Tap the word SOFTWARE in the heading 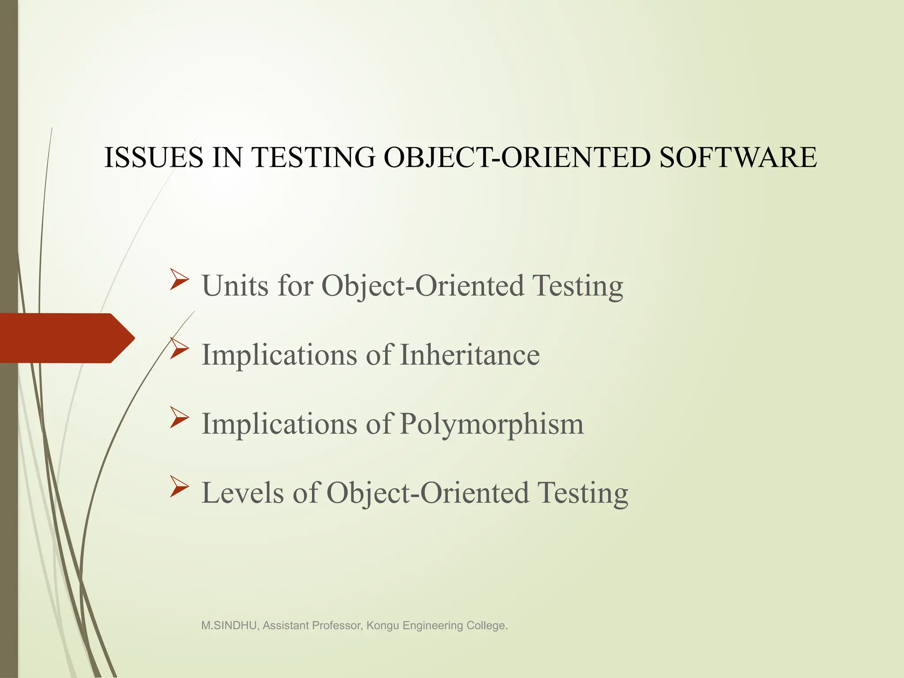[x=738, y=158]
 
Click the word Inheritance [x=469, y=355]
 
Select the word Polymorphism [x=491, y=425]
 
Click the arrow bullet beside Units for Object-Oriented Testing [x=179, y=280]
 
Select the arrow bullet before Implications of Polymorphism [x=179, y=418]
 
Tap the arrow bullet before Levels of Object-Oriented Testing [x=179, y=487]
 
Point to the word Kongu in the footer [x=383, y=625]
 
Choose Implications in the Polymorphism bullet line [x=279, y=425]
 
